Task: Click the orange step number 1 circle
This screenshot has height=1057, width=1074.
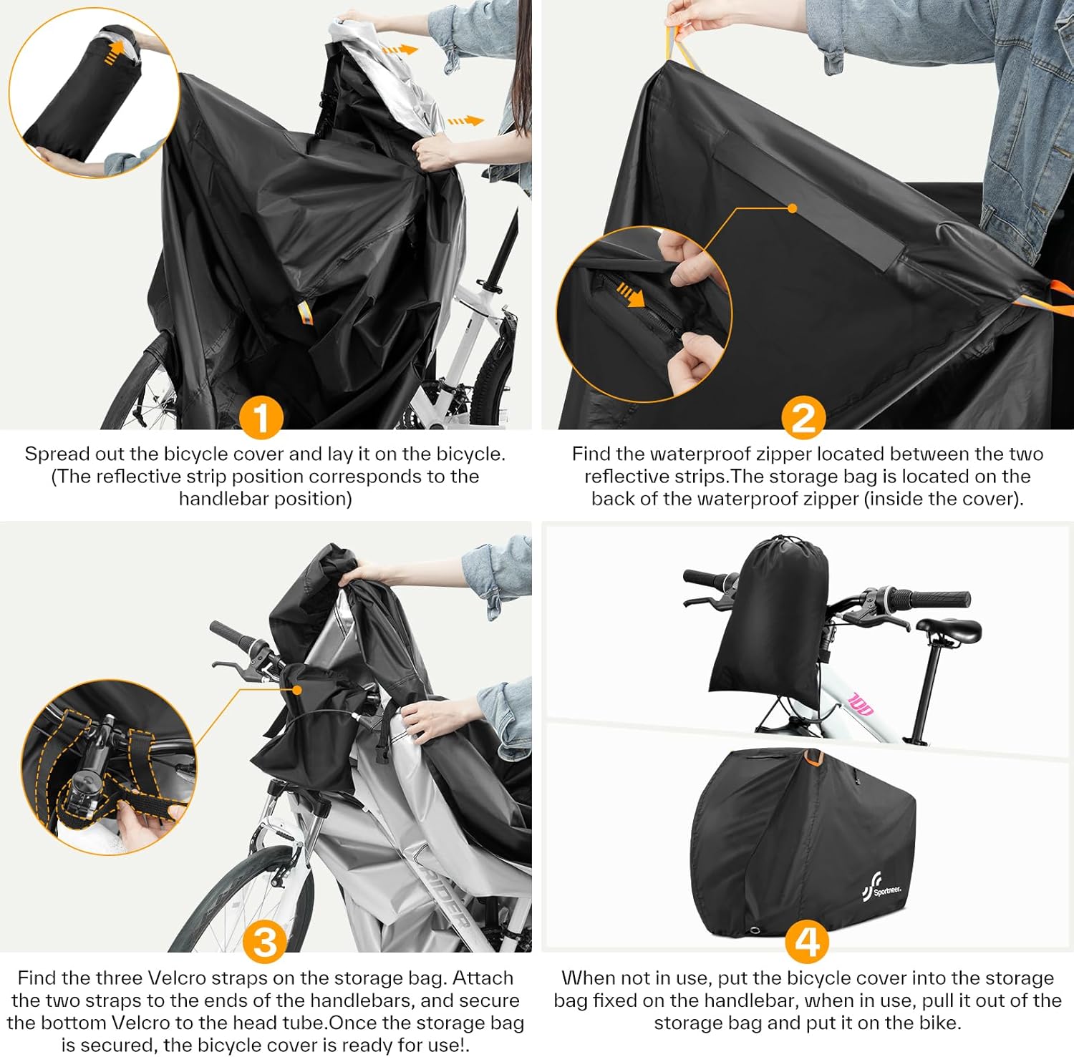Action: click(x=261, y=418)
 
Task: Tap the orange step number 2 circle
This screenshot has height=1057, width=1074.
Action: click(x=803, y=418)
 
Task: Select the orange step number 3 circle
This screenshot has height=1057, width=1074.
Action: click(x=265, y=942)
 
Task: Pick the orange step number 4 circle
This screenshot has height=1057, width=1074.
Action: click(x=808, y=942)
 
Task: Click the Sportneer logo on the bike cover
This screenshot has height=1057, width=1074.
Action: click(x=881, y=890)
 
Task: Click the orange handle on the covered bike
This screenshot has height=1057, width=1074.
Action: click(x=813, y=756)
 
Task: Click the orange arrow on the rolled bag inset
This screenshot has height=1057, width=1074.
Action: click(x=113, y=52)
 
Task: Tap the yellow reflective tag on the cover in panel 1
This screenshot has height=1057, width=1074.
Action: click(x=304, y=314)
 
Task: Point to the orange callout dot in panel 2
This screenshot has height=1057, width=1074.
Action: click(x=792, y=208)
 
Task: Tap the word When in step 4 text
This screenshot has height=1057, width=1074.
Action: click(x=586, y=978)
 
